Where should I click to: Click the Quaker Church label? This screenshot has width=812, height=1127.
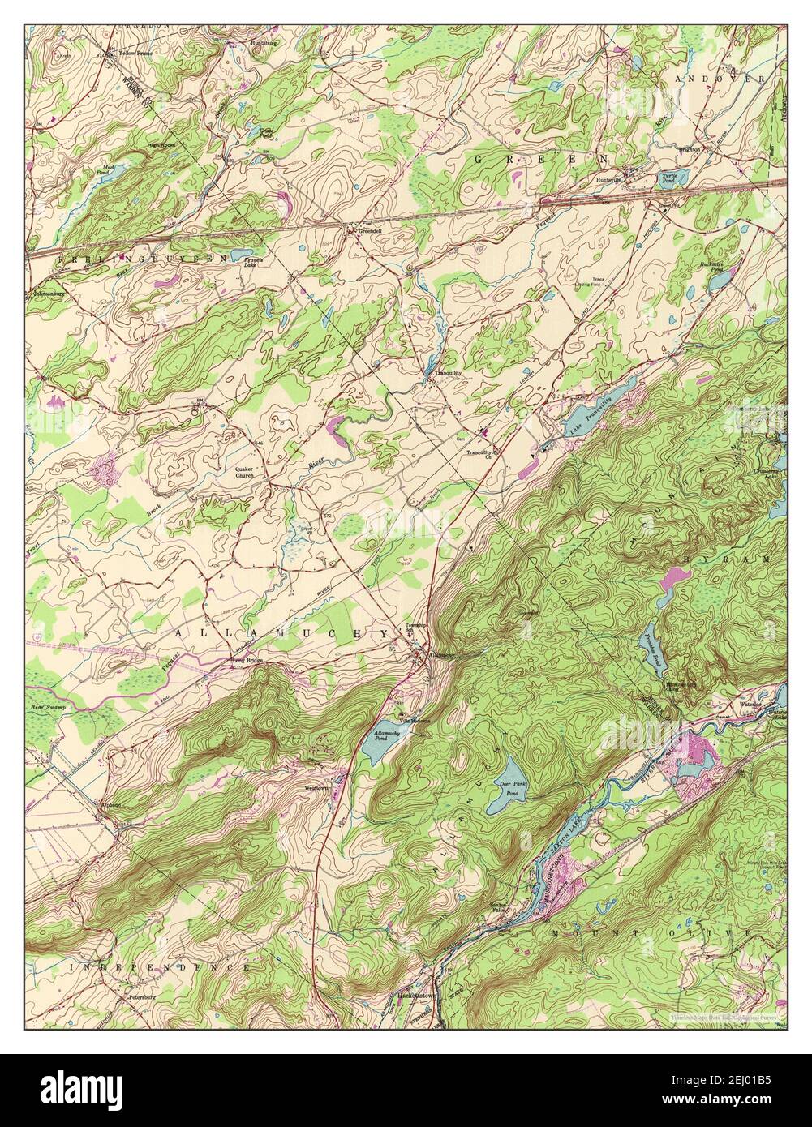(244, 473)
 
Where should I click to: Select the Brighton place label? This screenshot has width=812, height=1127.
(691, 149)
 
